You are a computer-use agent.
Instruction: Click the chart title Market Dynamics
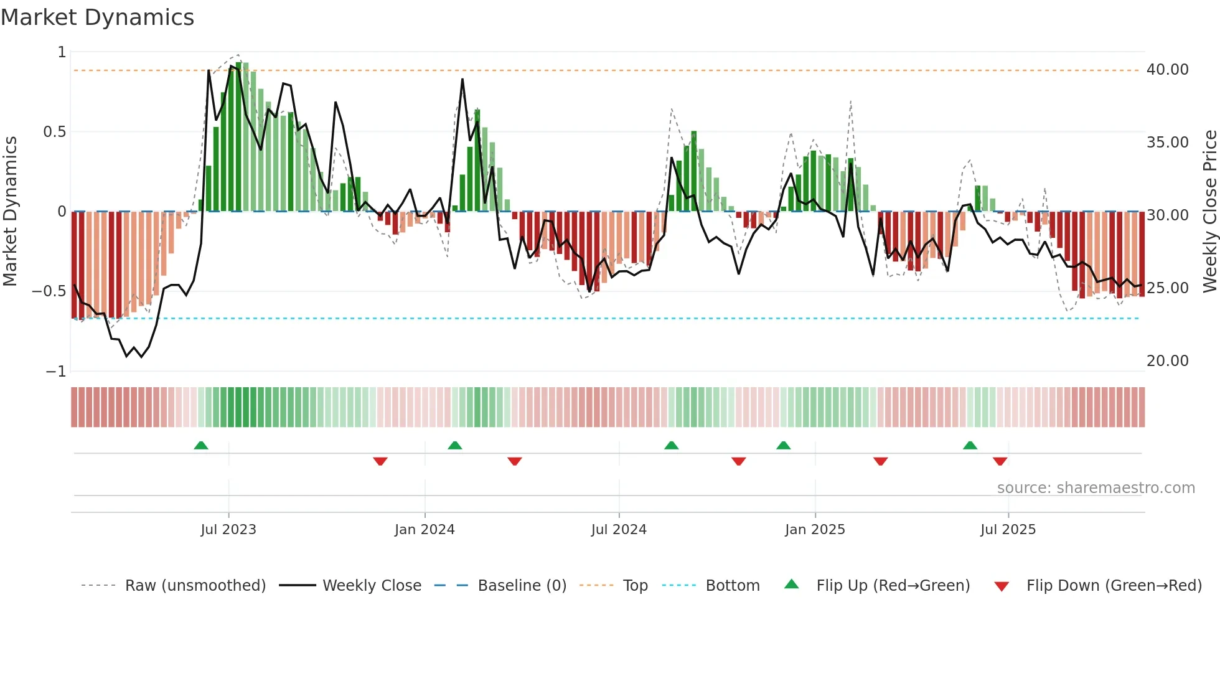(x=98, y=17)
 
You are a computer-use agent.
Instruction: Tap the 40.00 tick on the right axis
(x=1167, y=70)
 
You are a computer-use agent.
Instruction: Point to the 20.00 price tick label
(x=1167, y=361)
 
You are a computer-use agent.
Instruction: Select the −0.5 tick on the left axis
(x=49, y=291)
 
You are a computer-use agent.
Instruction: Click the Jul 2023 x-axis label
(x=228, y=530)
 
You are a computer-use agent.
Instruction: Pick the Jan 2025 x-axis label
(x=815, y=530)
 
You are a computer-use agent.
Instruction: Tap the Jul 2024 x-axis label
(x=619, y=530)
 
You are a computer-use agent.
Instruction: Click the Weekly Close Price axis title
(x=1209, y=212)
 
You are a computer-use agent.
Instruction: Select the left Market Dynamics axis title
(x=10, y=212)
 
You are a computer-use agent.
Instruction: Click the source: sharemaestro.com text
(x=1096, y=488)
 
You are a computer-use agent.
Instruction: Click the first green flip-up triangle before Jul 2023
(x=201, y=446)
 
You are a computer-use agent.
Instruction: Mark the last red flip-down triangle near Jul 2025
(x=1000, y=461)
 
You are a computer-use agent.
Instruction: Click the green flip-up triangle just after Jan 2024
(x=455, y=446)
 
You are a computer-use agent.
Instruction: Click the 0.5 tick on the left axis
(x=54, y=132)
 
